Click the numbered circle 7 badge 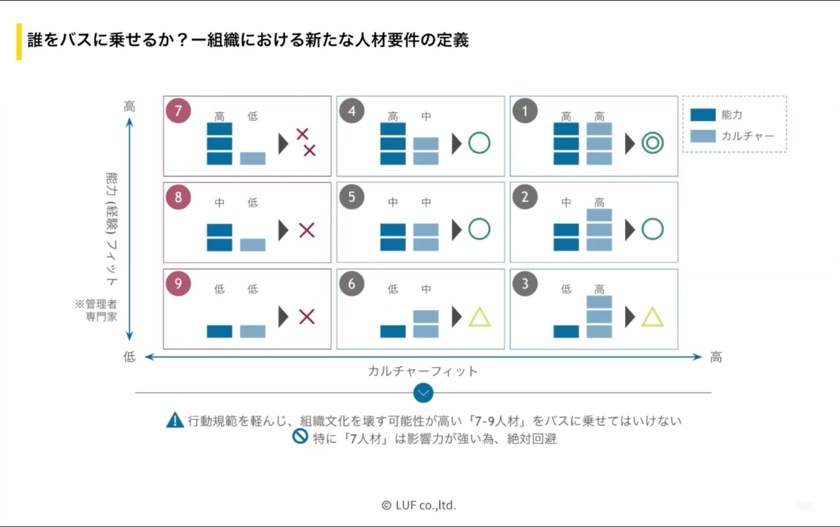[178, 111]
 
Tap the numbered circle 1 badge [524, 111]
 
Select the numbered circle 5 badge [351, 197]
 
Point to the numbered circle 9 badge [178, 283]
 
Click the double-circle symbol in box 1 [652, 143]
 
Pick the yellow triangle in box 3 [652, 318]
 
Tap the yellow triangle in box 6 [479, 318]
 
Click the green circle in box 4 [479, 143]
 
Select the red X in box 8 [306, 230]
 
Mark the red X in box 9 [306, 317]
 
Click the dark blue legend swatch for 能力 [703, 115]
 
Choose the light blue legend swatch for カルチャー [703, 136]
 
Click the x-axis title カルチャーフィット [423, 371]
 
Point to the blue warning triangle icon [175, 420]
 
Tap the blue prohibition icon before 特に [300, 437]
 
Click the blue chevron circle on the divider [423, 393]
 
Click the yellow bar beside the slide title [19, 42]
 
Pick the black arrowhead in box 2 [630, 230]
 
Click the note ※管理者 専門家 [97, 310]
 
